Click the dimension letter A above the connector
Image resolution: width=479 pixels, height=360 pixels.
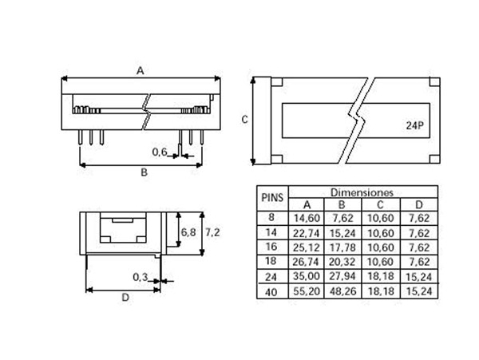click(x=140, y=70)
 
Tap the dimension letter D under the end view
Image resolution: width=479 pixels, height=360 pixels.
click(x=125, y=298)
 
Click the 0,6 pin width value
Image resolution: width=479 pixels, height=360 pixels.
click(x=160, y=151)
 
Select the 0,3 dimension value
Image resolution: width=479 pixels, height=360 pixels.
click(x=141, y=277)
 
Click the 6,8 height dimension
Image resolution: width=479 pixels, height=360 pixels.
click(x=188, y=231)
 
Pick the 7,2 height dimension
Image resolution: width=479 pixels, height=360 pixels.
click(x=213, y=231)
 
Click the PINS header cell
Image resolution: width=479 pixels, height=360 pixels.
click(x=271, y=196)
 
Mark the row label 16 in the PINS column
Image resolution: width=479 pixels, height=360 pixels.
click(x=271, y=247)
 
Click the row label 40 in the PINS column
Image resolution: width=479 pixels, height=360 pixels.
click(x=271, y=293)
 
